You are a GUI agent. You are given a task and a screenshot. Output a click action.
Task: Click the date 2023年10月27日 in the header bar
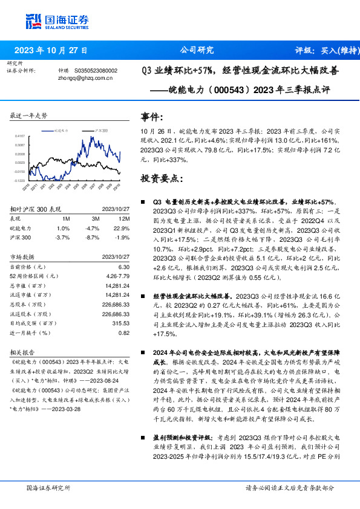51,50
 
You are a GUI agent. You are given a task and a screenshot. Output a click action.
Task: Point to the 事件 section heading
151,117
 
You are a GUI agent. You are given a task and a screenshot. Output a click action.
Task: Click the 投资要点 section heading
162,178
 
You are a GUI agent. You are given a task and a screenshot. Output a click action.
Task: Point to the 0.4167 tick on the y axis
20,137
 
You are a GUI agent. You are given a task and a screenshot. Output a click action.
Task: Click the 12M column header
125,218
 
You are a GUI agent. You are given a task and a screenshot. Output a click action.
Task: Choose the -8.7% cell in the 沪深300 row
93,238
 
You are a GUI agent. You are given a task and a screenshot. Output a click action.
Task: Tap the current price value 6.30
124,267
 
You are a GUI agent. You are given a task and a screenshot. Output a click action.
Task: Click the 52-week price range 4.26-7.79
119,276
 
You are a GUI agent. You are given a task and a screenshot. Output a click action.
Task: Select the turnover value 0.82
124,332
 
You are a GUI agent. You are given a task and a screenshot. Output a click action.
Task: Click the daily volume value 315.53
121,323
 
